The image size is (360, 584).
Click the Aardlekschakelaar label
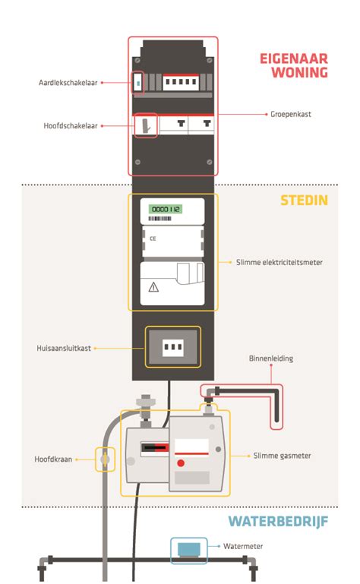tap(66, 82)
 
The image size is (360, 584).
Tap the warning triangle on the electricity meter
tap(153, 286)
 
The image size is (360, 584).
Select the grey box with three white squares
tap(173, 348)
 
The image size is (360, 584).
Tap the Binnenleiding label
tap(270, 358)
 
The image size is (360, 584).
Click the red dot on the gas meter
tap(181, 462)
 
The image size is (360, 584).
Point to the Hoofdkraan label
tap(52, 459)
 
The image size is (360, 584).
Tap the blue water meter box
tap(187, 548)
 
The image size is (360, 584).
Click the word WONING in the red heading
tap(302, 73)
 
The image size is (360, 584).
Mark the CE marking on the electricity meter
tap(153, 238)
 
